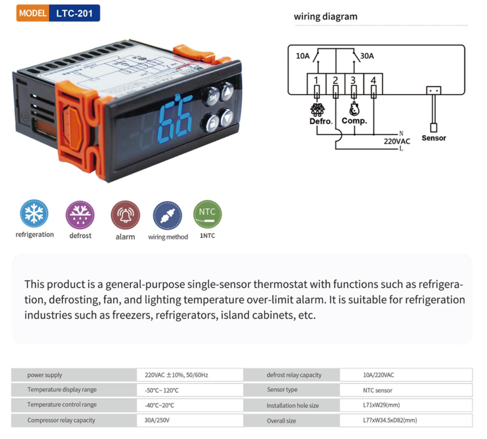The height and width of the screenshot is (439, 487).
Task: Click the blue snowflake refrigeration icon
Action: pos(34,214)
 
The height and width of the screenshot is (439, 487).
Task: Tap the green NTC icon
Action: pos(207,214)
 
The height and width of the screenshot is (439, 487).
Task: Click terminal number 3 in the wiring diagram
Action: pos(354,80)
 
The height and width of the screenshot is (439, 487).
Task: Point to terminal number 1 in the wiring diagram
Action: pos(316,80)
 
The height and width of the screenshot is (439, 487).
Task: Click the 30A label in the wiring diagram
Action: pos(367,56)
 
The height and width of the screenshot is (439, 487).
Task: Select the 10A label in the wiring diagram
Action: pos(303,56)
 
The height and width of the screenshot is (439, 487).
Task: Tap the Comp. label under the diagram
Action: pos(354,121)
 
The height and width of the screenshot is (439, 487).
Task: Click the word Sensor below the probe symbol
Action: pos(434,138)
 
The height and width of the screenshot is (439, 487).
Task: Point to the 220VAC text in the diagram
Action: pos(397,141)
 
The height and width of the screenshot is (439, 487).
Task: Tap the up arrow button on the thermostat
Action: pos(227,91)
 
